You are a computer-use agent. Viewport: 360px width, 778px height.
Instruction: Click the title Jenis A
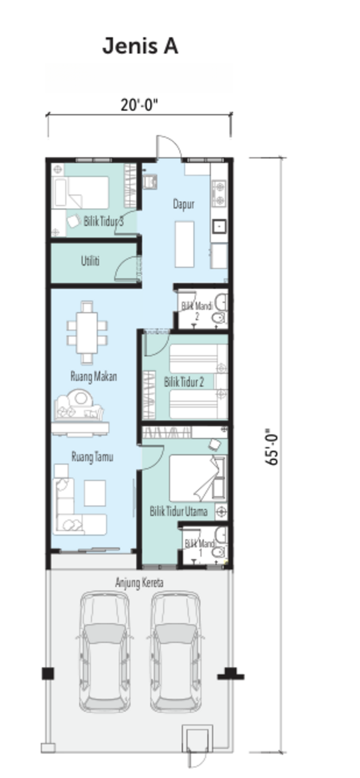(141, 46)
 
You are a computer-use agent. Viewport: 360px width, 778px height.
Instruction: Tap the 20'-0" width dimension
(140, 105)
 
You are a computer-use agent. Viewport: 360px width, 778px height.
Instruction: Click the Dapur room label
(184, 204)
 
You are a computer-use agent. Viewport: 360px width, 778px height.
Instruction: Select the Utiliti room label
(90, 260)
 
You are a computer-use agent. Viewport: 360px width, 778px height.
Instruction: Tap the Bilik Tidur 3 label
(104, 221)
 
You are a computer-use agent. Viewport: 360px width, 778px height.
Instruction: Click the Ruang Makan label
(94, 376)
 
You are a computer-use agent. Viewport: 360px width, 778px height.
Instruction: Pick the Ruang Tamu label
(92, 456)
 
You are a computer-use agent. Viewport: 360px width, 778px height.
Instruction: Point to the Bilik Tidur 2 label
(184, 382)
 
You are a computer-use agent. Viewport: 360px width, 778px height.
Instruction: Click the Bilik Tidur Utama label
(178, 511)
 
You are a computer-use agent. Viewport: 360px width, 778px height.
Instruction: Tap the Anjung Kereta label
(140, 582)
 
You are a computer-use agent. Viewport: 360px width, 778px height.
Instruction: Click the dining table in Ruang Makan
(87, 333)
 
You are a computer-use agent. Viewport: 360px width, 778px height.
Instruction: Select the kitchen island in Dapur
(185, 244)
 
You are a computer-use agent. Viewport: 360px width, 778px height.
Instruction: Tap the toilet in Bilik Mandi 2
(219, 317)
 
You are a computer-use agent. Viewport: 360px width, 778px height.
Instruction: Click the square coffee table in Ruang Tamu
(95, 493)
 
